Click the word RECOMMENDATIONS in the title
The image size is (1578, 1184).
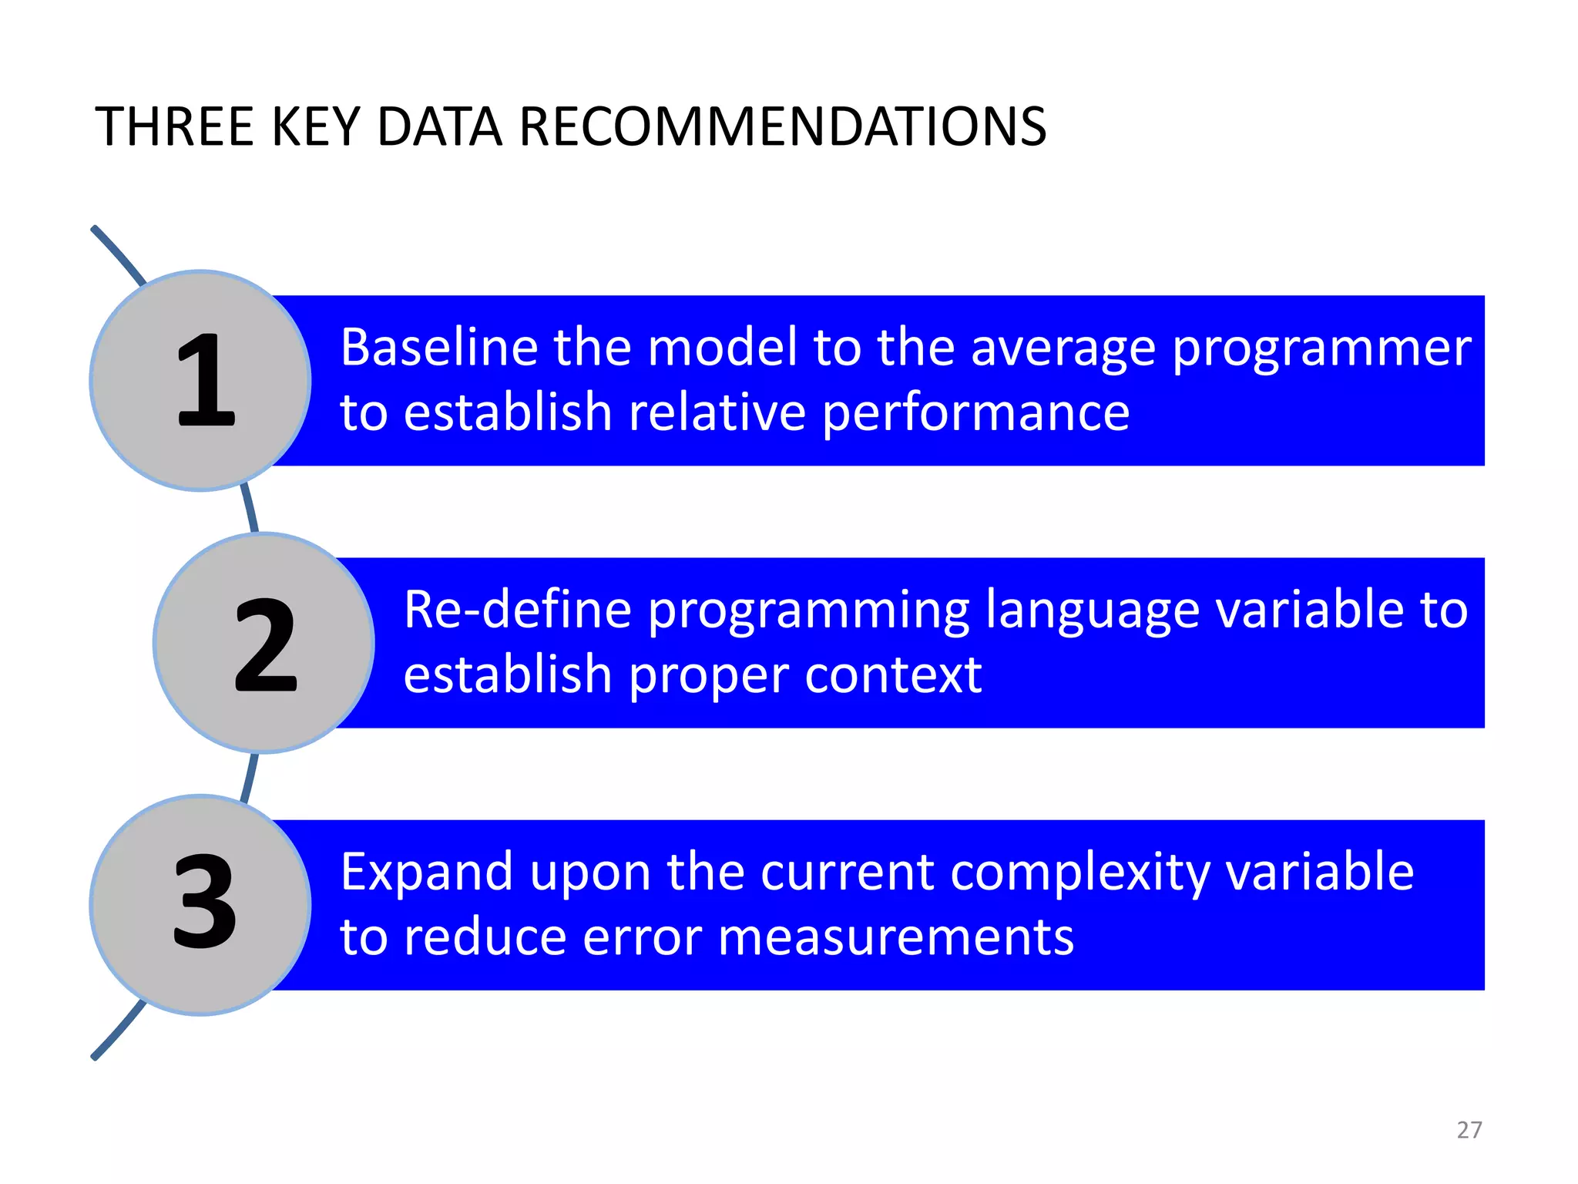[x=782, y=127]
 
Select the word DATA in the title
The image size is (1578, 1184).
[x=439, y=127]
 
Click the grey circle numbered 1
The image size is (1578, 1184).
[x=200, y=380]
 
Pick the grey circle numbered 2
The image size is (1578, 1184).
[x=264, y=643]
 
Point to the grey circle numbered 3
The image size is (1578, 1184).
[x=200, y=904]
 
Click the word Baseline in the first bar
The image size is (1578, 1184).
[x=439, y=348]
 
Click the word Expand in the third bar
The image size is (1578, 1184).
[x=426, y=874]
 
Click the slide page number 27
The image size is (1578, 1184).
[x=1469, y=1130]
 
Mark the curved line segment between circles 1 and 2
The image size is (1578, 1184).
[x=250, y=509]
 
